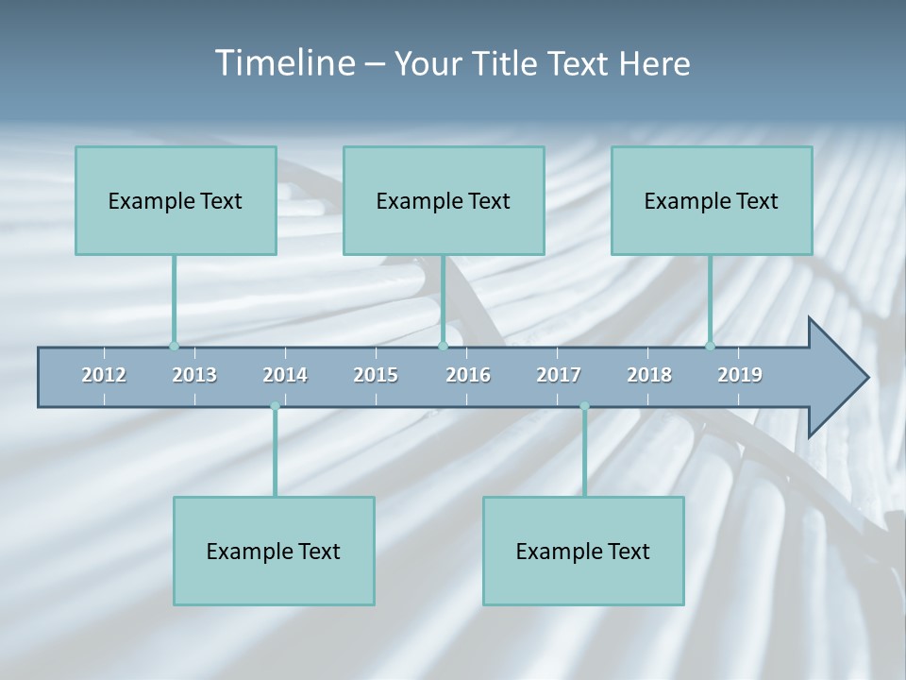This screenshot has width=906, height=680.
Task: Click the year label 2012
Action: point(104,375)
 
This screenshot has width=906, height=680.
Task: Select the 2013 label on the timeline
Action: point(194,375)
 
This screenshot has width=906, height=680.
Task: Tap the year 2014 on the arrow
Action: point(285,375)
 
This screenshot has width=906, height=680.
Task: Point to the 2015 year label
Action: point(376,375)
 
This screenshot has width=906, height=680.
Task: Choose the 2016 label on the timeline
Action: point(468,375)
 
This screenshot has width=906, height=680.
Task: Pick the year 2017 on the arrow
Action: point(559,375)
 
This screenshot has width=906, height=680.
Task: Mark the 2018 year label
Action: point(649,375)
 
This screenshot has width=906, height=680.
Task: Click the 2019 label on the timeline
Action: point(740,375)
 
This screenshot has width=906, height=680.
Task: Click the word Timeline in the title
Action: point(284,63)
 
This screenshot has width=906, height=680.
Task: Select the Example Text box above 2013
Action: point(176,200)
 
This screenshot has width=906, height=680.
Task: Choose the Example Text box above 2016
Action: point(444,200)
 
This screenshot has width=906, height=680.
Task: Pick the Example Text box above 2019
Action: point(712,200)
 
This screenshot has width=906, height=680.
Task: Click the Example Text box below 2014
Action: point(274,551)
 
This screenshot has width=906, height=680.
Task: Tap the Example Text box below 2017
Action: point(583,551)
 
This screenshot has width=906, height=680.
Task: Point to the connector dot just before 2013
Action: point(174,346)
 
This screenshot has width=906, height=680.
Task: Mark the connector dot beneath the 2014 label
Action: point(275,406)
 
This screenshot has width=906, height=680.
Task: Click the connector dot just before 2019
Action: point(710,346)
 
